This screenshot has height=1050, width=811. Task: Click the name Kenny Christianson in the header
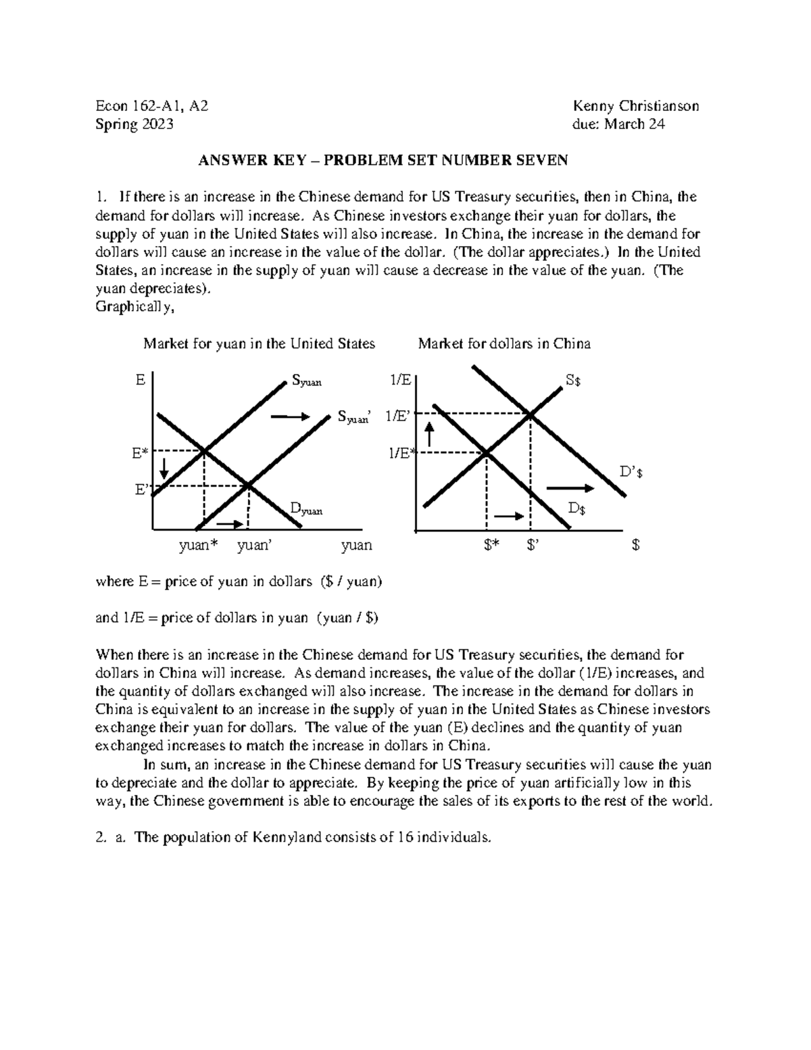point(635,106)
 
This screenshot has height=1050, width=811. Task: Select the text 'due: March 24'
point(618,124)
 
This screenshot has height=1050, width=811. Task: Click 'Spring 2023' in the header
point(134,124)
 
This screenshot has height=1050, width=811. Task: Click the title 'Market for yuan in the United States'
point(259,343)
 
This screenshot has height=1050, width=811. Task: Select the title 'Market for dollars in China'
point(504,343)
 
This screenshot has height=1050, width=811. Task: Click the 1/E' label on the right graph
point(398,416)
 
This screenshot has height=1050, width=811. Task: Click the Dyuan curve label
point(305,508)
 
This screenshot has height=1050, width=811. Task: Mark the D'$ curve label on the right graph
point(631,473)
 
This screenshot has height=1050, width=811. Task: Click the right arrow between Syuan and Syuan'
point(289,418)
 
